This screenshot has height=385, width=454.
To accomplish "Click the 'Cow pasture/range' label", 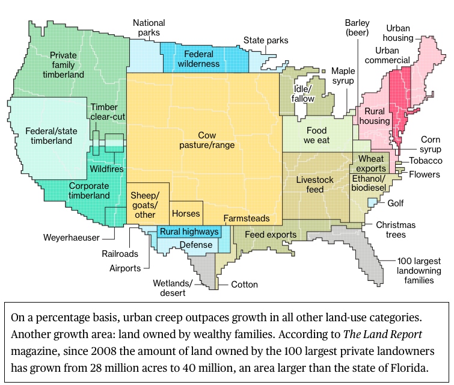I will point(207,140).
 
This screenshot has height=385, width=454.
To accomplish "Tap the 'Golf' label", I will point(395,203).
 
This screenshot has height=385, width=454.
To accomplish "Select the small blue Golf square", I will point(372,203).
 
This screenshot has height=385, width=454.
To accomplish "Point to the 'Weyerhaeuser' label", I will point(72,238).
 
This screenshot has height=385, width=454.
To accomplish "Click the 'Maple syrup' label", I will point(343,76).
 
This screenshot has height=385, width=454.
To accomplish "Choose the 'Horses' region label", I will point(186,213).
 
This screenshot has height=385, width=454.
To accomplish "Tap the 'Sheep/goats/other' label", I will point(146,205).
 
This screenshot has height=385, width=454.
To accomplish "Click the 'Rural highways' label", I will point(188,232).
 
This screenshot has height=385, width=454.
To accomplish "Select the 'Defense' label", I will point(196,245).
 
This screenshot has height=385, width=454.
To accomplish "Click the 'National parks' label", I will point(149,28).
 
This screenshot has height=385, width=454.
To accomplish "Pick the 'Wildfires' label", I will point(106,169).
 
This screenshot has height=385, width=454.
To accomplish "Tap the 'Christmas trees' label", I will point(396,230).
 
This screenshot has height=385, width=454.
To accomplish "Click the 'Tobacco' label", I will point(426,161).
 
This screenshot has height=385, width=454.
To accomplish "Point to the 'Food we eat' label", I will point(316,136).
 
